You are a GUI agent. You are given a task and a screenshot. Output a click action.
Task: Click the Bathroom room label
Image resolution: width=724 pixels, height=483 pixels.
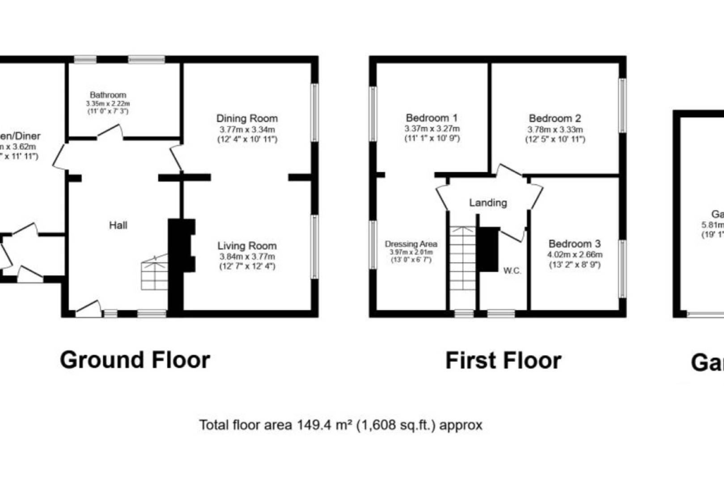(108, 95)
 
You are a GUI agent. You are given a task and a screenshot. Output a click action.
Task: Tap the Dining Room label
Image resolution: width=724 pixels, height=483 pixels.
(247, 119)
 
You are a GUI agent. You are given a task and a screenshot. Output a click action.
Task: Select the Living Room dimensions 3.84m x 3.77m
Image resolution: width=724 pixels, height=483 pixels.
(247, 257)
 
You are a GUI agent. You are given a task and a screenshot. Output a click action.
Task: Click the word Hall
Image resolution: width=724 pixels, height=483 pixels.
(118, 225)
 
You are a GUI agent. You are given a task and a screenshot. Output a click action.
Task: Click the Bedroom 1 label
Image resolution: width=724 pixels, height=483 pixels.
(432, 118)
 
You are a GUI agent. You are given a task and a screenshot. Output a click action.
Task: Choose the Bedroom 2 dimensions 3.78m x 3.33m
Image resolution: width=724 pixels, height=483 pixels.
(555, 130)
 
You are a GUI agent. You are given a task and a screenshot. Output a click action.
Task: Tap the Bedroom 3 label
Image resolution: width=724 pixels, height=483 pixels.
(575, 244)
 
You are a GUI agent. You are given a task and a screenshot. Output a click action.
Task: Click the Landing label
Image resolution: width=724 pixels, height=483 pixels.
(488, 203)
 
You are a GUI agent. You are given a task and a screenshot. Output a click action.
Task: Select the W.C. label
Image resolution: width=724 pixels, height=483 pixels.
(512, 271)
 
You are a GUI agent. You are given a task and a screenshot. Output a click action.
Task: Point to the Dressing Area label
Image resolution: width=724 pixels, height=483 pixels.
(411, 244)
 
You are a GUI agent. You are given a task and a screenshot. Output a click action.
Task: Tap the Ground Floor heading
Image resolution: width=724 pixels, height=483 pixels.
(135, 360)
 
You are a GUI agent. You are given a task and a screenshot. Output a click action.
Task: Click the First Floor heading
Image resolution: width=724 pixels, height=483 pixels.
(503, 360)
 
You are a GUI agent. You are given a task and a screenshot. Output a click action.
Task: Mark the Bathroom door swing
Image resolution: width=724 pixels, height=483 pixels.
(110, 131)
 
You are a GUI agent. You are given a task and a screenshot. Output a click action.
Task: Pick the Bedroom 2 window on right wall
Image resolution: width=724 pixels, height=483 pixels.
(622, 106)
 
